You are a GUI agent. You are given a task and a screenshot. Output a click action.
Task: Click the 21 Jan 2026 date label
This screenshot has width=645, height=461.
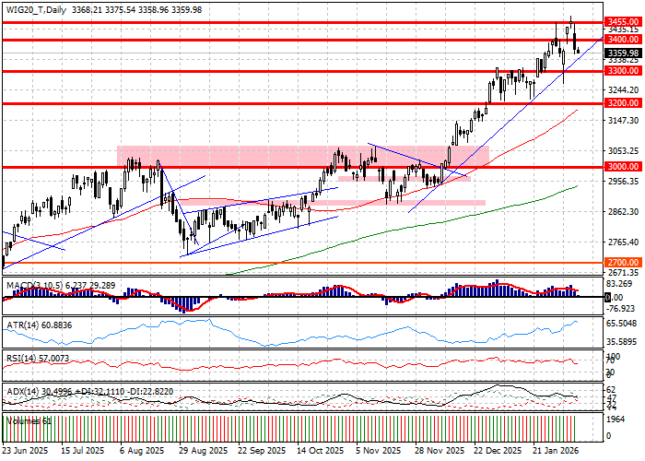[555, 452]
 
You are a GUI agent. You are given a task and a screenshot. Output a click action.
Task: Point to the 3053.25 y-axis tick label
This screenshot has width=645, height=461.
[624, 151]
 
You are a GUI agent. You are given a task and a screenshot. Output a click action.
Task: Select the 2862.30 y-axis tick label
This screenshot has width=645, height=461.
[624, 212]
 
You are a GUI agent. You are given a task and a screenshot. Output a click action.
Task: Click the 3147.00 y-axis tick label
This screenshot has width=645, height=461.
[624, 121]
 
